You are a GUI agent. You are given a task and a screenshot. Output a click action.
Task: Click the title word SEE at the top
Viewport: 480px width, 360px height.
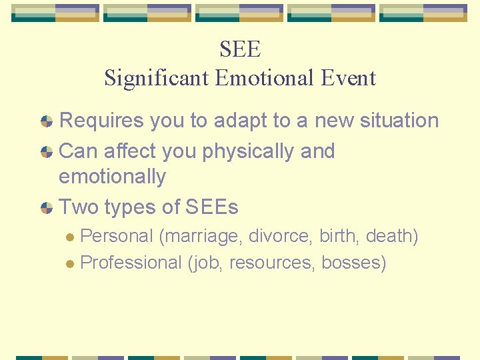(240, 49)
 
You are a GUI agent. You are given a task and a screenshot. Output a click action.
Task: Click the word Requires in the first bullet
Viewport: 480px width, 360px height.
(100, 121)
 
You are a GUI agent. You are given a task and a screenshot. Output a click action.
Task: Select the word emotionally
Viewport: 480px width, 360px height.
(112, 177)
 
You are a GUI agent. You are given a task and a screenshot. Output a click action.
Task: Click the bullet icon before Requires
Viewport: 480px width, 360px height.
(47, 121)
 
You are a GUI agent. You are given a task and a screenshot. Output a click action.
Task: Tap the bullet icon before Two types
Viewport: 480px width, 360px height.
(47, 208)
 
